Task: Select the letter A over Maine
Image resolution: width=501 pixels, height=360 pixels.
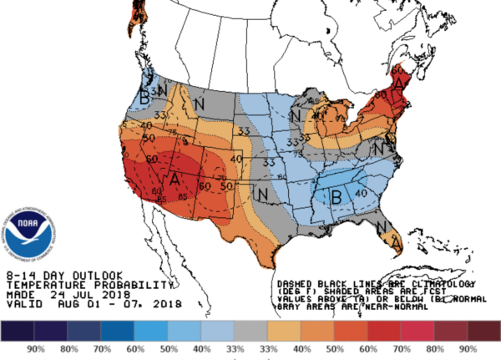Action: click(402, 83)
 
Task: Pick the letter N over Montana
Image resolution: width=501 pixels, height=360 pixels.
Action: click(200, 104)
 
